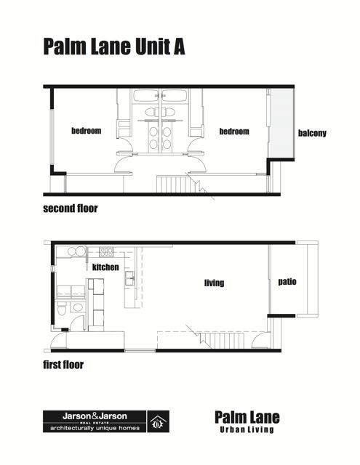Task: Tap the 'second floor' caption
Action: point(71,209)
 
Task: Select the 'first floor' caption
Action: point(63,365)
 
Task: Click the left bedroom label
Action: point(87,131)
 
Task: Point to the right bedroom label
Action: point(234,132)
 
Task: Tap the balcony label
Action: point(312,133)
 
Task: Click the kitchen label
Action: point(105,267)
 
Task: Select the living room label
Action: point(215,283)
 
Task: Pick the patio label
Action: point(287,281)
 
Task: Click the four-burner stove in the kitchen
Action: point(106,252)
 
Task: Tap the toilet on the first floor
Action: point(62,309)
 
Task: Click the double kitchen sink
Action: point(129,278)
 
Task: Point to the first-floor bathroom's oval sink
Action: point(78,307)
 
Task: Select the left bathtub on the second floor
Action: point(146,96)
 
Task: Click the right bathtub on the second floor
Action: point(175,96)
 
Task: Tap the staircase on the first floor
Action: point(222,341)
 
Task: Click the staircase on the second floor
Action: point(175,184)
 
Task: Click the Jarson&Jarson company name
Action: point(95,416)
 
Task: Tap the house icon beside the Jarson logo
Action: point(159,421)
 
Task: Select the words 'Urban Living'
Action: point(247,429)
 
